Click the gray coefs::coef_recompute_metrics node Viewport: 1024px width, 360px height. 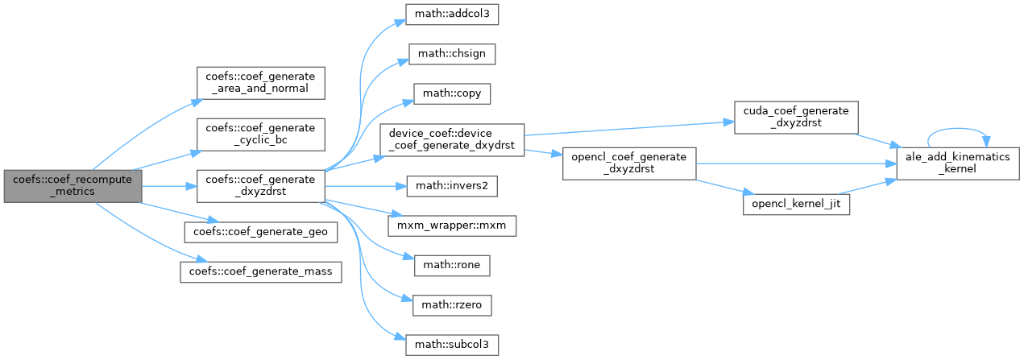pyautogui.click(x=73, y=186)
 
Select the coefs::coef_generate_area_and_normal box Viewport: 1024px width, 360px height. pyautogui.click(x=260, y=83)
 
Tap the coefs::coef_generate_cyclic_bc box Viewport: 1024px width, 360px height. pyautogui.click(x=260, y=134)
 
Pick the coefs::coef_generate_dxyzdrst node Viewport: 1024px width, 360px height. pyautogui.click(x=260, y=186)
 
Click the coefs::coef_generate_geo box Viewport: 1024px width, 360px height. pyautogui.click(x=260, y=232)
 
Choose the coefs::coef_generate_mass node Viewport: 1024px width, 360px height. pyautogui.click(x=260, y=272)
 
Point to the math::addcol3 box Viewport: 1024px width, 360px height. pyautogui.click(x=452, y=14)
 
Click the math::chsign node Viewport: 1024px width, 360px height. pyautogui.click(x=452, y=54)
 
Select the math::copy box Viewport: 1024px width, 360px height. pyautogui.click(x=452, y=93)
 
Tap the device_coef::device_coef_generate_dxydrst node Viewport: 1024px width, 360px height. pyautogui.click(x=452, y=140)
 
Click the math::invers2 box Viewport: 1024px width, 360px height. pyautogui.click(x=452, y=186)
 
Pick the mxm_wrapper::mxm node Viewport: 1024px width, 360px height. pyautogui.click(x=452, y=226)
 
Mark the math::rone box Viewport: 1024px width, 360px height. pyautogui.click(x=452, y=266)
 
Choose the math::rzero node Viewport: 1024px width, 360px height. pyautogui.click(x=452, y=305)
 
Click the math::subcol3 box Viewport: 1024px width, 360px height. pyautogui.click(x=452, y=345)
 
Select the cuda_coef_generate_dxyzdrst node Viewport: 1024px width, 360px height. pyautogui.click(x=796, y=118)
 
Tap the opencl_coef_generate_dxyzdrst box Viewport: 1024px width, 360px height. pyautogui.click(x=629, y=163)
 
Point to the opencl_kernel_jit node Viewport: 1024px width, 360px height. pyautogui.click(x=796, y=205)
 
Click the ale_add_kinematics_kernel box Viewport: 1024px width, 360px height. pyautogui.click(x=958, y=163)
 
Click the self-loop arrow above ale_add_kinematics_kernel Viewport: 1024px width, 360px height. pyautogui.click(x=957, y=129)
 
